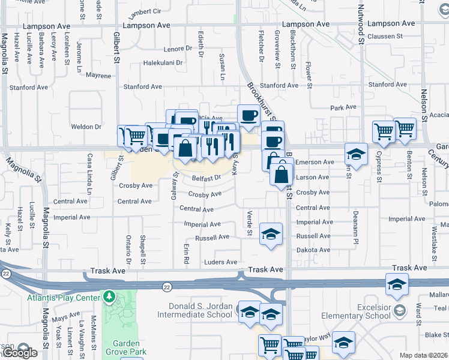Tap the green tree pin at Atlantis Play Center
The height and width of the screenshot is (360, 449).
109,296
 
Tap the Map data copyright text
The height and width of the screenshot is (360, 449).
423,355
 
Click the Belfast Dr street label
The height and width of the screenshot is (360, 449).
207,178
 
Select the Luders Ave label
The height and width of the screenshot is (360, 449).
220,262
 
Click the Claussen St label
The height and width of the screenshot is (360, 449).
403,36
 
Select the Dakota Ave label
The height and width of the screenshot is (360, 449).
313,251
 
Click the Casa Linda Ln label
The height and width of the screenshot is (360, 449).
89,177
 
